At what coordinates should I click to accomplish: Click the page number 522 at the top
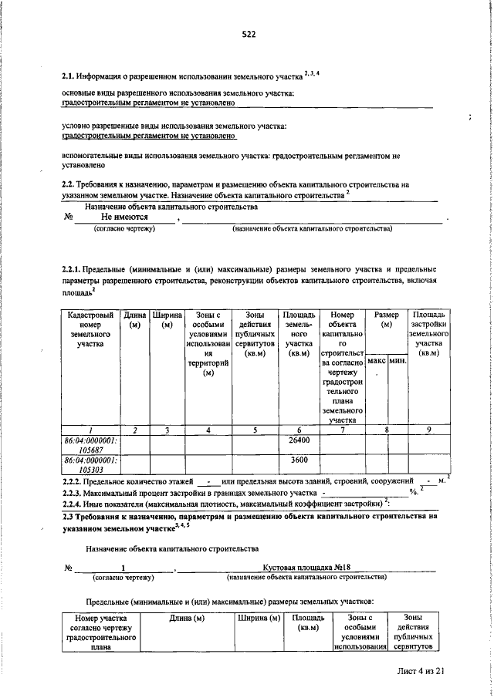pos(249,34)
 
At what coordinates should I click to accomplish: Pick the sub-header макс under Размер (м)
pos(377,362)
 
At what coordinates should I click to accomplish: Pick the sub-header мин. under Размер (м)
pos(398,362)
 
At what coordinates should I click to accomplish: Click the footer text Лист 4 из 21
pos(417,672)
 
